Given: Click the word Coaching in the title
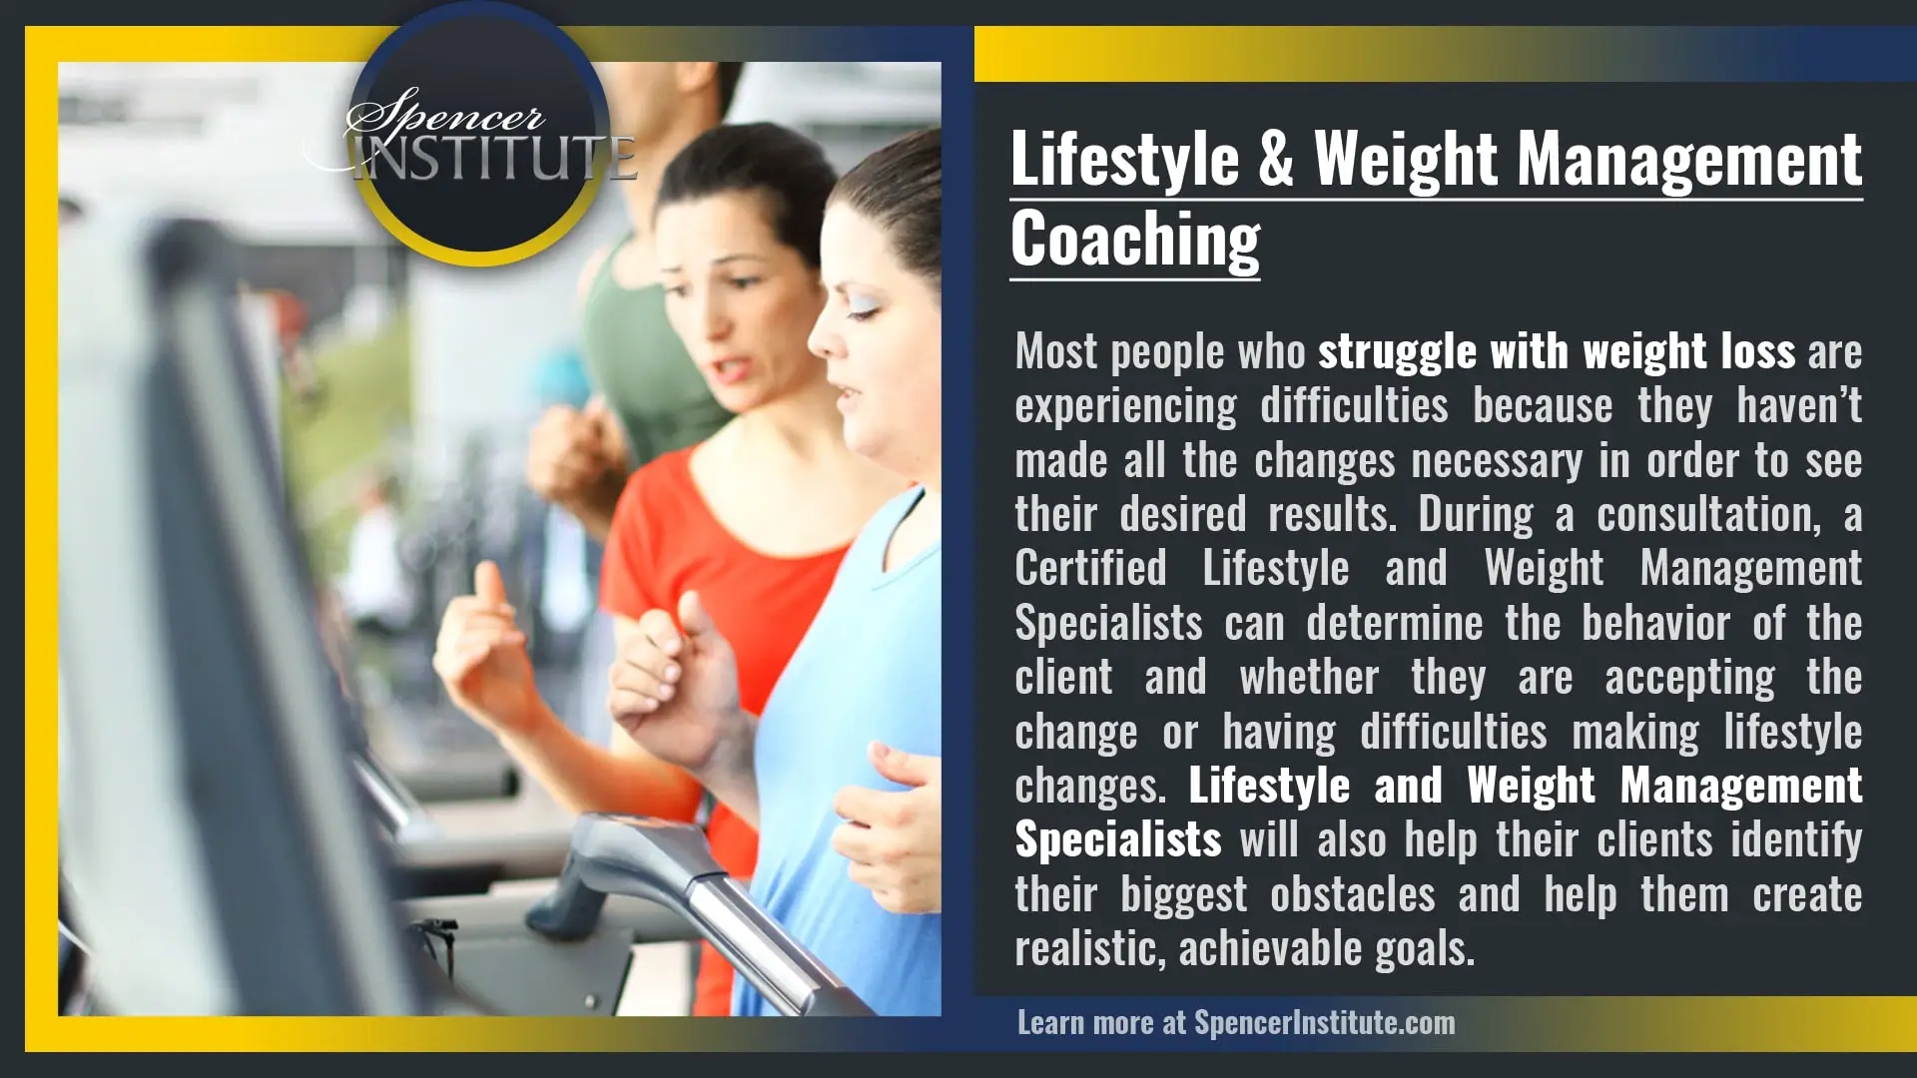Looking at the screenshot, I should (x=1135, y=241).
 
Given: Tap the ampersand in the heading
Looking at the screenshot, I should (x=1276, y=160).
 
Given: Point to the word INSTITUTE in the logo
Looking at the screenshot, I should (x=494, y=159).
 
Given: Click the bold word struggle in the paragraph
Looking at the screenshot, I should (x=1397, y=352).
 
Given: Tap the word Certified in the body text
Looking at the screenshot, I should (x=1090, y=569).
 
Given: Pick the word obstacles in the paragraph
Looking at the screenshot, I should (x=1352, y=894).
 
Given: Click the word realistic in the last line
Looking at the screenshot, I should (x=1088, y=948).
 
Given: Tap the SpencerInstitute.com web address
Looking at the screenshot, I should (x=1324, y=1022).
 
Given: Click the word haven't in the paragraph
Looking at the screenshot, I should (x=1799, y=406).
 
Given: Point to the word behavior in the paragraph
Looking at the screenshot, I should (x=1655, y=624).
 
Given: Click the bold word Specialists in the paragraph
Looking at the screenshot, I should (x=1118, y=840).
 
